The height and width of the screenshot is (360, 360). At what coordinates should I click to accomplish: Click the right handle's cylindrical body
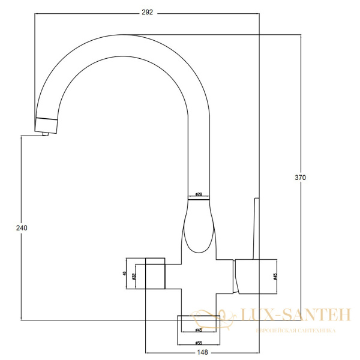pyautogui.click(x=255, y=276)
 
